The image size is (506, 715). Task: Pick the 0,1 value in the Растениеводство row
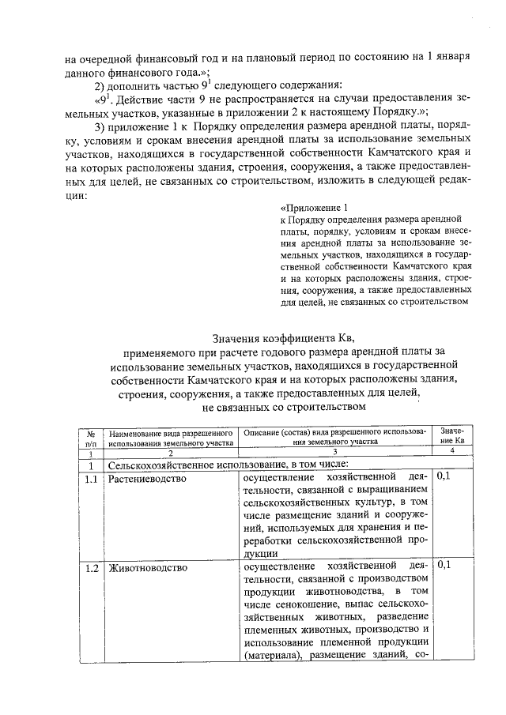click(445, 479)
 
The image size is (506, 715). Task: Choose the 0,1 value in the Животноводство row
click(445, 567)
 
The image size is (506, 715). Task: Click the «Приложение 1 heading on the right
click(314, 208)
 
